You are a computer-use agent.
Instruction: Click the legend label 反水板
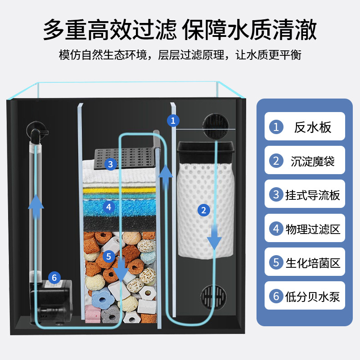(x=312, y=127)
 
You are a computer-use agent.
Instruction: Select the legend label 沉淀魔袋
(x=312, y=161)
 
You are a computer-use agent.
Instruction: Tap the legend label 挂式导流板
(x=312, y=195)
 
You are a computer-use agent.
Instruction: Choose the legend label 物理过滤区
(x=312, y=229)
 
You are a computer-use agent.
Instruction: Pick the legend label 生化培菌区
(x=312, y=263)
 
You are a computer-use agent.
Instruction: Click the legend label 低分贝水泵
(x=312, y=297)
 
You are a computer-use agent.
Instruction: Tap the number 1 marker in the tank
(x=173, y=120)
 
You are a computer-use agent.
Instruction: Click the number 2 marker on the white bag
(x=204, y=210)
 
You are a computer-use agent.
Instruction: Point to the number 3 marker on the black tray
(x=110, y=164)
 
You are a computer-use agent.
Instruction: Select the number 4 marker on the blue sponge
(x=108, y=207)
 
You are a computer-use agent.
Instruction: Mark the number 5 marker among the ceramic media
(x=108, y=256)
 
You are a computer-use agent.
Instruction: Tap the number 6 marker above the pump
(x=54, y=278)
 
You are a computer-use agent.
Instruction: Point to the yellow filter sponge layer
(x=119, y=190)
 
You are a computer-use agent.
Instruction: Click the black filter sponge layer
(x=119, y=224)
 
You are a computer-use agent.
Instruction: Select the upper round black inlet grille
(x=216, y=126)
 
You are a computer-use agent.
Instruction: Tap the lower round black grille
(x=213, y=297)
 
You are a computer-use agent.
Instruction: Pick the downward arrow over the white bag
(x=214, y=237)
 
